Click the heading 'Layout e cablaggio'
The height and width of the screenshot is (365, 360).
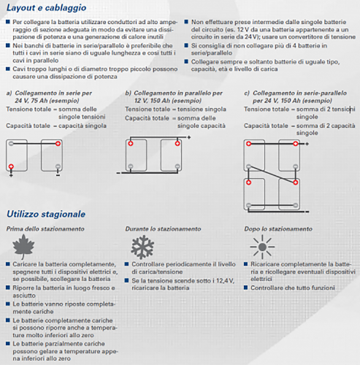46,8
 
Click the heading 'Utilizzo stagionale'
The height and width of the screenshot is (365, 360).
46,214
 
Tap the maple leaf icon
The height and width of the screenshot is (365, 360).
23,247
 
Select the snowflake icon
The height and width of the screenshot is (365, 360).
142,247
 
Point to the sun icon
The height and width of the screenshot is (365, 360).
262,247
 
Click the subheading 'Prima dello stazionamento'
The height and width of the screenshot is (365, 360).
45,229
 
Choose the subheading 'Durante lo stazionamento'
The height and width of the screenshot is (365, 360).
163,229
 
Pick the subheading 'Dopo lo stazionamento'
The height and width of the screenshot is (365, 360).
278,229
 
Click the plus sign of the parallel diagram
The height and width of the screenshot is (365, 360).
189,137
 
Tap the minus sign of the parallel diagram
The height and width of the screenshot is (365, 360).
118,173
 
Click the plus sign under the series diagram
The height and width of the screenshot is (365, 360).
11,175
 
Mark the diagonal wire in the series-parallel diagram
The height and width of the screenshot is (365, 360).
272,174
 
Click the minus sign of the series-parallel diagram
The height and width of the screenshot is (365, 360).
307,212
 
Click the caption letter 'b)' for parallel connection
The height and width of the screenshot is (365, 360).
128,93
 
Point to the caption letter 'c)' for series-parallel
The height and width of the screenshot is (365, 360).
247,93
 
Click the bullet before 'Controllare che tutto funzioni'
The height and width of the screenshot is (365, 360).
246,288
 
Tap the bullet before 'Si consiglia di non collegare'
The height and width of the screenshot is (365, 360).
186,45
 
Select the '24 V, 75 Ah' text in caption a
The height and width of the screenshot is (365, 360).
31,101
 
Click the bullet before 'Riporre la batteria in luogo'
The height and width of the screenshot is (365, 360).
8,288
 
